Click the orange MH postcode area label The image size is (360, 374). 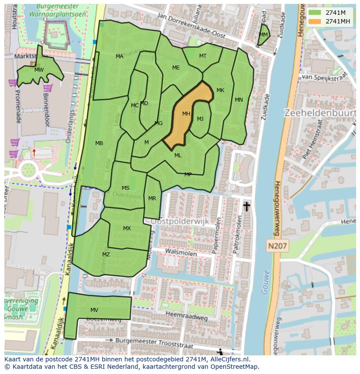[x=186, y=114]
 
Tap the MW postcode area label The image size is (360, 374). [x=39, y=70]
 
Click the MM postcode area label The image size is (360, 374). [x=263, y=35]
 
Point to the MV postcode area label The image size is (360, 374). [x=94, y=310]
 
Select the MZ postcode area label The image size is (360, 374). [x=106, y=255]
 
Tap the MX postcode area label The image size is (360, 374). [x=127, y=228]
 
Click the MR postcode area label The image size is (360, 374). [x=152, y=199]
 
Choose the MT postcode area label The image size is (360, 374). [x=203, y=56]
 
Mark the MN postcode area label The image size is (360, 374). [x=239, y=100]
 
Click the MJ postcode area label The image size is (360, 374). [x=200, y=119]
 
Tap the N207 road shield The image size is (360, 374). [x=277, y=246]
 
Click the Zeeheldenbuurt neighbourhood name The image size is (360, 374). [x=320, y=113]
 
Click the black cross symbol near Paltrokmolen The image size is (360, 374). [x=247, y=206]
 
